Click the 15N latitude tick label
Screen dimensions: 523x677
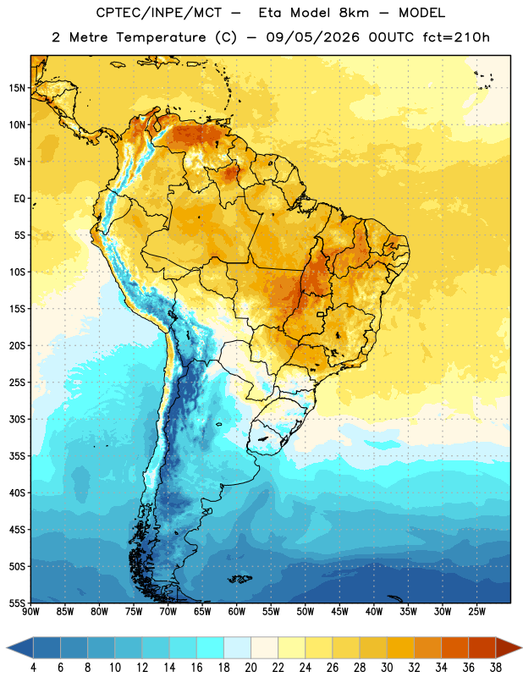pyautogui.click(x=17, y=88)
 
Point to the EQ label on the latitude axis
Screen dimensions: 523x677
pyautogui.click(x=19, y=199)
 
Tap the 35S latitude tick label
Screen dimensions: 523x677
pyautogui.click(x=17, y=456)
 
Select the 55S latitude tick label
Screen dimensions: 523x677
pyautogui.click(x=17, y=603)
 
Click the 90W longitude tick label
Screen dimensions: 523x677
pyautogui.click(x=30, y=611)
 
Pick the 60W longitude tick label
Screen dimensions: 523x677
pyautogui.click(x=237, y=611)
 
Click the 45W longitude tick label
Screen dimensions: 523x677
pyautogui.click(x=339, y=611)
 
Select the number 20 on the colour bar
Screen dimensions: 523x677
pyautogui.click(x=250, y=668)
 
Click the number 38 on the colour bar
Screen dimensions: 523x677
pyautogui.click(x=496, y=668)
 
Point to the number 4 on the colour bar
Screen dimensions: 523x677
pyautogui.click(x=33, y=668)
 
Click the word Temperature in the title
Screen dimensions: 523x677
pyautogui.click(x=161, y=37)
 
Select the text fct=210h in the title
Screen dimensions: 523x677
pyautogui.click(x=456, y=37)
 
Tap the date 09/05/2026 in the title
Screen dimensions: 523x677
pyautogui.click(x=312, y=37)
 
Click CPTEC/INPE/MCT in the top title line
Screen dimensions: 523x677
pyautogui.click(x=158, y=13)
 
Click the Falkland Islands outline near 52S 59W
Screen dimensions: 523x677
pyautogui.click(x=239, y=579)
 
